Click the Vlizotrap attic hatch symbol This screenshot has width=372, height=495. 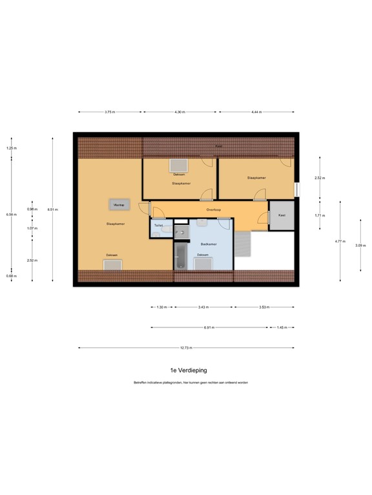pyautogui.click(x=118, y=204)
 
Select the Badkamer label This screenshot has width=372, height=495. pyautogui.click(x=208, y=244)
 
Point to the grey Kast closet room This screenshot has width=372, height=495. pyautogui.click(x=282, y=215)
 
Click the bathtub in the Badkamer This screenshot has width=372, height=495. pyautogui.click(x=180, y=257)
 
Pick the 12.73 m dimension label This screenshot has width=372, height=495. pyautogui.click(x=186, y=348)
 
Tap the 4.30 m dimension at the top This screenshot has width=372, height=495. pyautogui.click(x=180, y=112)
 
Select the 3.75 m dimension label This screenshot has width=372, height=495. pyautogui.click(x=109, y=112)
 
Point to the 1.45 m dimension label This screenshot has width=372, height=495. pyautogui.click(x=282, y=327)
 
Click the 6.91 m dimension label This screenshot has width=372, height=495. pyautogui.click(x=209, y=327)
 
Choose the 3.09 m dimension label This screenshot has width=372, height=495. pyautogui.click(x=360, y=246)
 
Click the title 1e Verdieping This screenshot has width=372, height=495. pyautogui.click(x=186, y=371)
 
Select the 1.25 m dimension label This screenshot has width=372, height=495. pyautogui.click(x=11, y=148)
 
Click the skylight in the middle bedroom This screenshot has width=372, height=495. pyautogui.click(x=178, y=166)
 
